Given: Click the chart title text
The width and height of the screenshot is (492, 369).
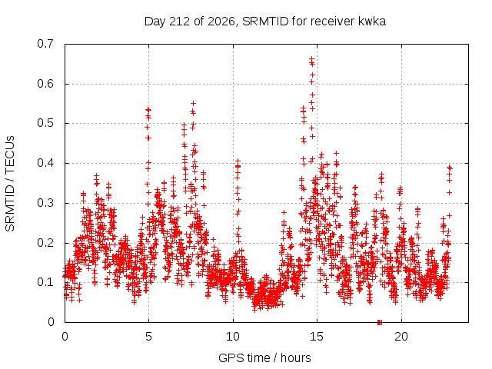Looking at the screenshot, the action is pos(264,22).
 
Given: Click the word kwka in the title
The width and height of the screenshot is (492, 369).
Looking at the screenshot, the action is pos(372,22).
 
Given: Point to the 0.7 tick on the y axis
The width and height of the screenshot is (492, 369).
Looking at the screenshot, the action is pos(45,44).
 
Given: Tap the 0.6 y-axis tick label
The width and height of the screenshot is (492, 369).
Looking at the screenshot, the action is pos(45,84).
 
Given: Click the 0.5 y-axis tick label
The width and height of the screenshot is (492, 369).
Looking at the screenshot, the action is pos(45,123).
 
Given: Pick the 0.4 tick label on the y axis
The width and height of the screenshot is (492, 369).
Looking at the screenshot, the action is pos(45,163).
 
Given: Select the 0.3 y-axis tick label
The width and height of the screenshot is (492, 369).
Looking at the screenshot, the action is pos(45,203).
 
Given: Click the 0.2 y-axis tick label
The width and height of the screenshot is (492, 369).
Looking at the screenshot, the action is pos(45,243).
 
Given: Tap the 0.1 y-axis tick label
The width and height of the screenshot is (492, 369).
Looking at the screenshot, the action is pos(45,282).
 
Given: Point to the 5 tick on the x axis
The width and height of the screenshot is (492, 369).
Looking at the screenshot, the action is pos(148,337).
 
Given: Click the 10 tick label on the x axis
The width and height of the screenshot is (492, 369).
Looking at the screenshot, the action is pos(233,337).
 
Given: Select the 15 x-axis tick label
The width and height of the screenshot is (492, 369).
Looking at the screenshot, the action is pos(317,337).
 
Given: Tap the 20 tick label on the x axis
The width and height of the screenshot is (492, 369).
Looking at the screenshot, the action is pos(401,337).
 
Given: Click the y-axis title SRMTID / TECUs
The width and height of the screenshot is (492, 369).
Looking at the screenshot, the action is pos(10,184).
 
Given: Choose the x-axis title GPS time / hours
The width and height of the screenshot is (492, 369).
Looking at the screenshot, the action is pos(264,357).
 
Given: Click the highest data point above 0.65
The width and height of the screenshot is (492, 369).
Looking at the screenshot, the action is pos(311,58).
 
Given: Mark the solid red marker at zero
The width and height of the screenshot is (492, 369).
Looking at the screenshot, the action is pos(380,322).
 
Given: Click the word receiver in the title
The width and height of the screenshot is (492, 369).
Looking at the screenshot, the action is pos(333,22).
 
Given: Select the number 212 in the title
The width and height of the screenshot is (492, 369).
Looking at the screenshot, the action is pos(180,22).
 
